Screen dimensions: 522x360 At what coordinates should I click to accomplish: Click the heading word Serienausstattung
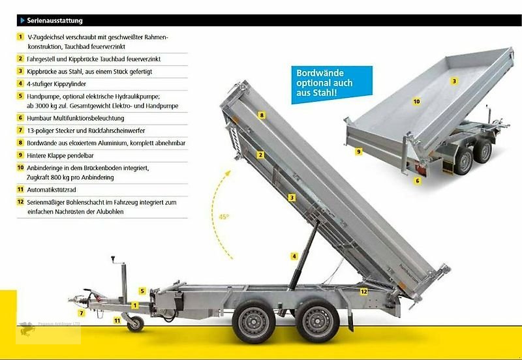(x=55, y=21)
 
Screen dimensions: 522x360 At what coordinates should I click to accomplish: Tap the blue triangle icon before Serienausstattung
(x=22, y=21)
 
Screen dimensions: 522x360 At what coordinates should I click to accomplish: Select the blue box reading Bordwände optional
(x=332, y=85)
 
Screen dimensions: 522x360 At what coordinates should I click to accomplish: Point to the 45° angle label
(x=224, y=217)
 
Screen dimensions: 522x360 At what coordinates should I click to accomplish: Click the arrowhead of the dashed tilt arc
(x=228, y=173)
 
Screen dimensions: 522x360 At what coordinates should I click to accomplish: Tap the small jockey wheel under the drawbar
(x=136, y=323)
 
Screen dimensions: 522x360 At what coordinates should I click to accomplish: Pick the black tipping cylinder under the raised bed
(x=303, y=255)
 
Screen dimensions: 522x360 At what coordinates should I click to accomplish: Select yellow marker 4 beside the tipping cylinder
(x=294, y=256)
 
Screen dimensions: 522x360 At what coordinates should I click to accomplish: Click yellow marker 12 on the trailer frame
(x=364, y=292)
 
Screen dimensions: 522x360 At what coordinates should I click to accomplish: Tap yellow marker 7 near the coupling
(x=81, y=313)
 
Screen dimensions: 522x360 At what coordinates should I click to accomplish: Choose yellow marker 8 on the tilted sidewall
(x=262, y=115)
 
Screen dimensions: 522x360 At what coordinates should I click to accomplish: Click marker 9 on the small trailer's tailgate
(x=358, y=152)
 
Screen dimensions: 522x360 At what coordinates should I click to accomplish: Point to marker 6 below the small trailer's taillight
(x=418, y=181)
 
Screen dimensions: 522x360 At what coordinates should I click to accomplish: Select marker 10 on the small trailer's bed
(x=416, y=102)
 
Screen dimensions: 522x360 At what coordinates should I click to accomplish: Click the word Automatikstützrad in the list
(x=52, y=190)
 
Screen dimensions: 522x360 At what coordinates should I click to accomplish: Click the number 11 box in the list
(x=21, y=189)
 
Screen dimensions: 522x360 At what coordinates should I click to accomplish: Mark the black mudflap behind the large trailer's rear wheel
(x=350, y=321)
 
